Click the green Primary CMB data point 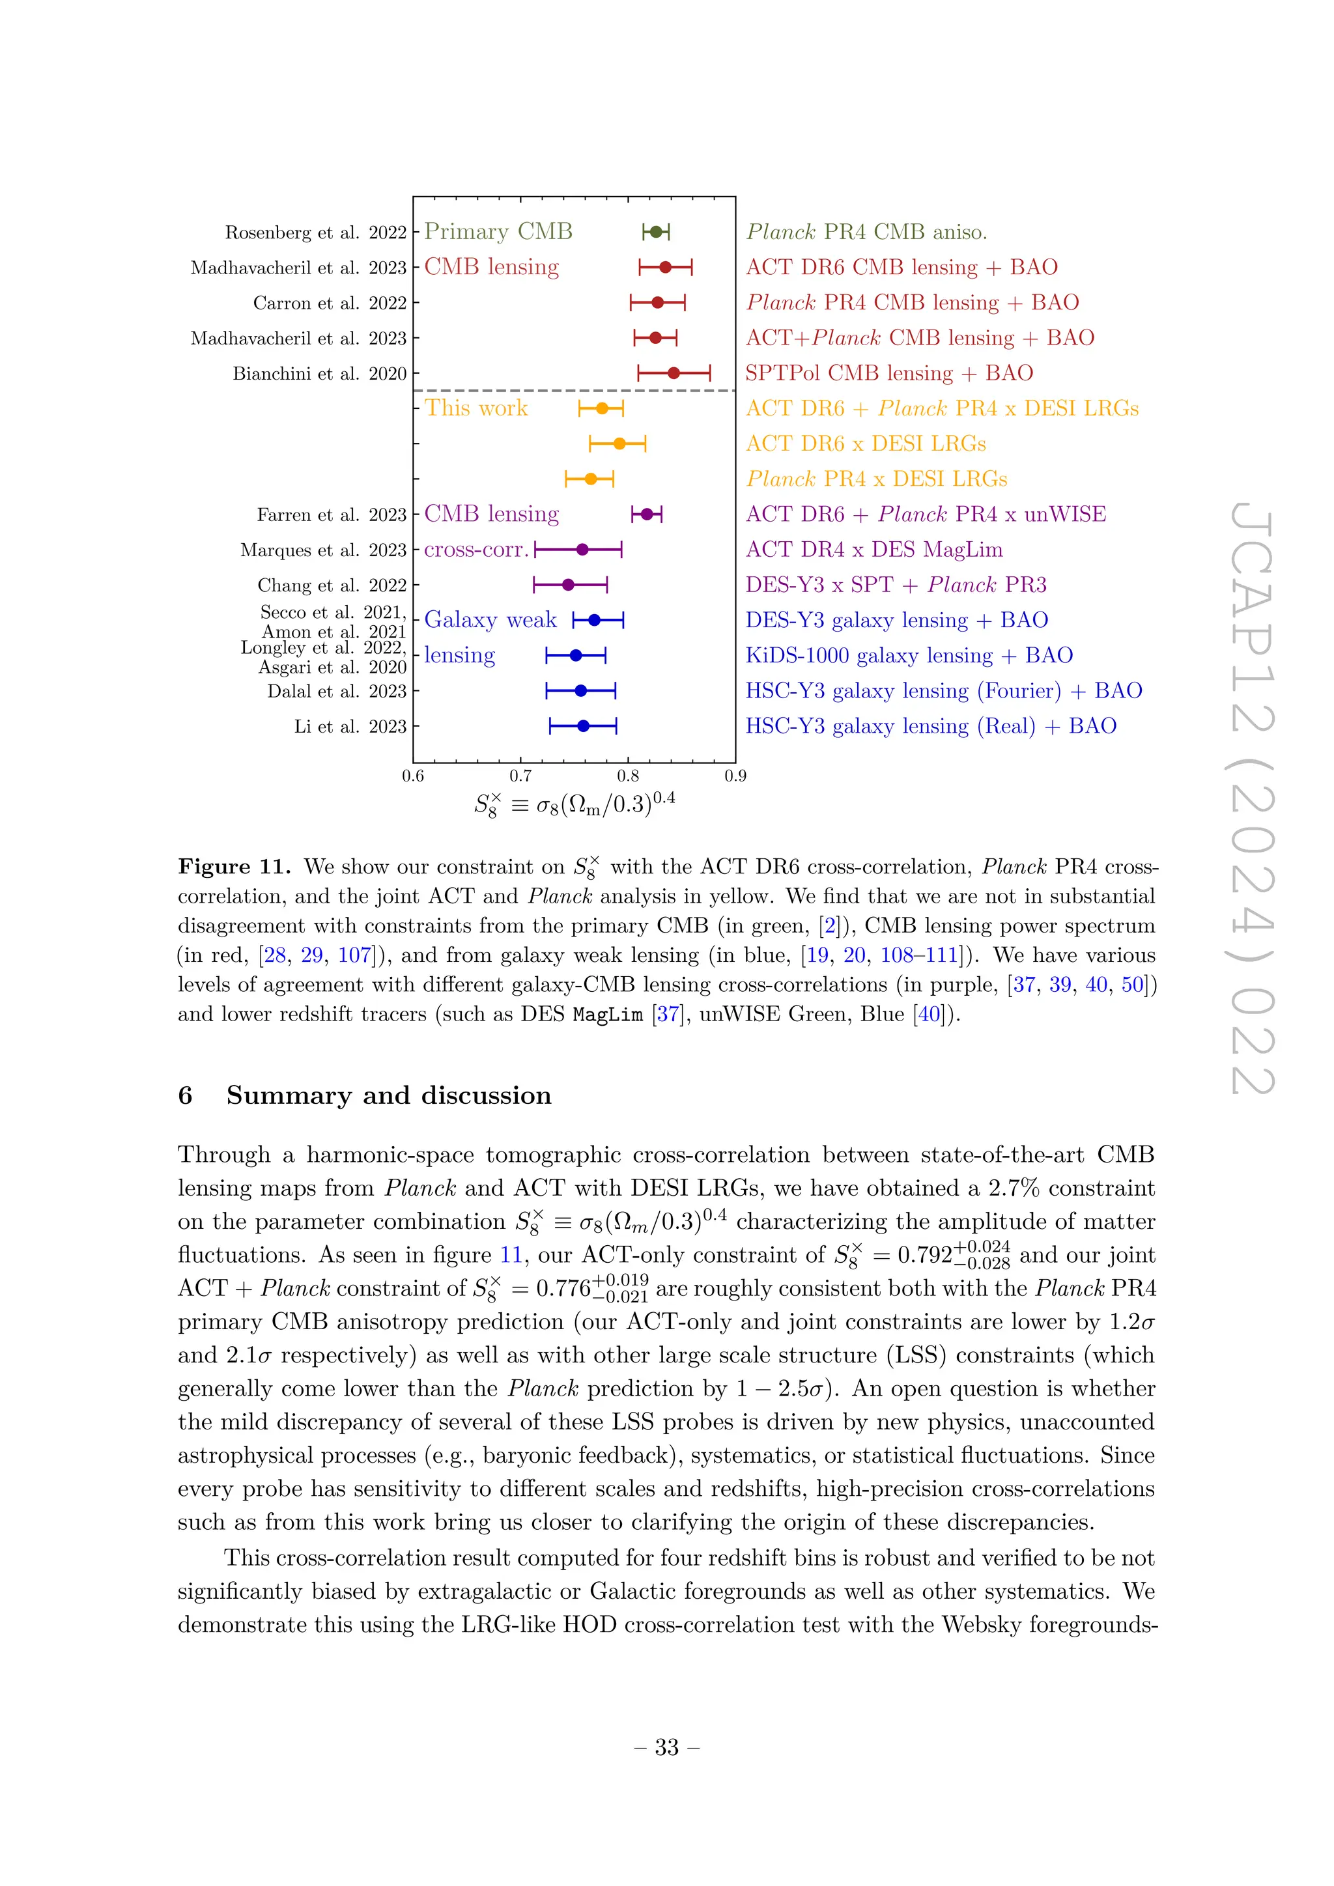pos(655,232)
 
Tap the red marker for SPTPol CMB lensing pos(674,373)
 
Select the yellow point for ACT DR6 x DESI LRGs pos(619,443)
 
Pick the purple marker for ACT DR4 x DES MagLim pos(582,550)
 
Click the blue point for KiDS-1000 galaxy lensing pos(576,656)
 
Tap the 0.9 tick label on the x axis pos(735,776)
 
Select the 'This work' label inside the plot pos(475,408)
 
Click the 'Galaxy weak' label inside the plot pos(490,620)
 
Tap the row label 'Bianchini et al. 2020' pos(320,374)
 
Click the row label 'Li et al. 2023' pos(350,727)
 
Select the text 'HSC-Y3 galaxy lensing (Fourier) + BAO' pos(943,691)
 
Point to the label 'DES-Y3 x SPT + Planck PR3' pos(896,585)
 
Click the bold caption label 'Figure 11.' pos(234,867)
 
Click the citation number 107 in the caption pos(354,955)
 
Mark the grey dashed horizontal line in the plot pos(575,391)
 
